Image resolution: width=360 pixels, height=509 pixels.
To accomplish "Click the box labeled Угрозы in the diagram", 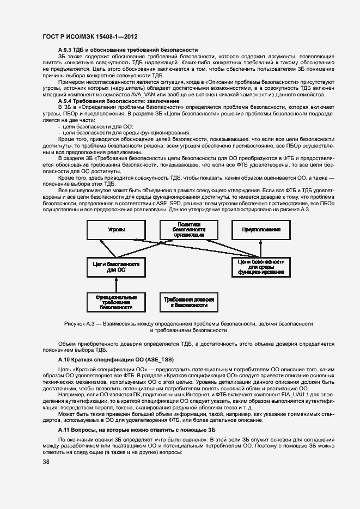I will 117,230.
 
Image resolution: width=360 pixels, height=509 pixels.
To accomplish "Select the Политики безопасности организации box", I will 189,230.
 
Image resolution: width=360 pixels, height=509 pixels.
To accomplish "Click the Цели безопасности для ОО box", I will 116,266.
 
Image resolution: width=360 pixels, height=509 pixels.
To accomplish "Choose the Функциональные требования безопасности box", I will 116,303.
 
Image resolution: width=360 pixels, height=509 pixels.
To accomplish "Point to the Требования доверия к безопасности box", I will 188,303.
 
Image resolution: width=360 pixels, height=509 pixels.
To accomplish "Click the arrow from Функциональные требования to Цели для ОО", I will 116,284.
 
